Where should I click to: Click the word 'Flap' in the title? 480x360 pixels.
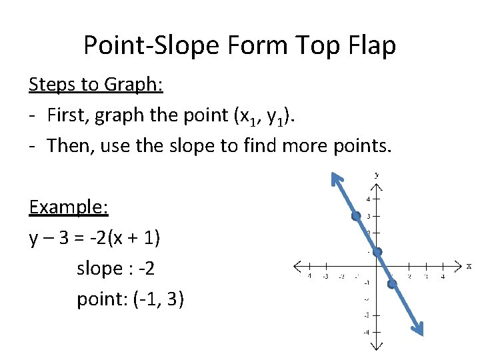click(x=371, y=45)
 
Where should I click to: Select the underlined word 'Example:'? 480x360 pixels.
click(x=69, y=207)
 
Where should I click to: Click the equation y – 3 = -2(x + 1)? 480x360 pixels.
click(x=103, y=238)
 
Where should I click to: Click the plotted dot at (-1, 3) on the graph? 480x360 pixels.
click(x=357, y=216)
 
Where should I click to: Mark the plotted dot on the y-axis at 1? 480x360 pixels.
click(x=377, y=252)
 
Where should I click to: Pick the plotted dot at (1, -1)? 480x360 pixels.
click(x=392, y=284)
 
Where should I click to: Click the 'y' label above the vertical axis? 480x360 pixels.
click(x=377, y=174)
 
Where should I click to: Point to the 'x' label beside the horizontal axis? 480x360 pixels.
click(x=469, y=266)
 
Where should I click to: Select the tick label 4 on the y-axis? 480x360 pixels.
click(x=367, y=199)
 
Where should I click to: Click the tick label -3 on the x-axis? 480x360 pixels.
click(x=325, y=276)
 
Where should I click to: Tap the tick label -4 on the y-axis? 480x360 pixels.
click(x=366, y=331)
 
